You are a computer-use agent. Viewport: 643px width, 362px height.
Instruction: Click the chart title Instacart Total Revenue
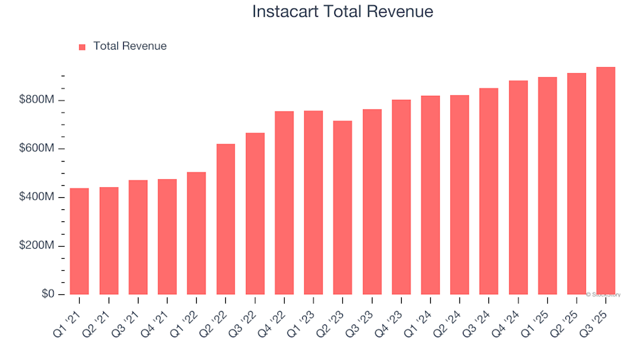pos(342,12)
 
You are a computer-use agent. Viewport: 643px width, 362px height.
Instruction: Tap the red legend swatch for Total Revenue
pos(82,47)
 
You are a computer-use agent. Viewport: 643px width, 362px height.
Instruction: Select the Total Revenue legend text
pos(130,46)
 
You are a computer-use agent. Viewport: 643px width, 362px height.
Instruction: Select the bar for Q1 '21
pos(80,241)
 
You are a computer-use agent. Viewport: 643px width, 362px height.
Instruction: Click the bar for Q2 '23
pos(342,208)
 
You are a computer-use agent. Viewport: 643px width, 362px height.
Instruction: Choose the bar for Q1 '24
pos(430,195)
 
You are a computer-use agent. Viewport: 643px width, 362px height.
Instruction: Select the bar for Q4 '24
pos(518,188)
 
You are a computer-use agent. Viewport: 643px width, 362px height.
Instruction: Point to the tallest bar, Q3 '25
pos(605,181)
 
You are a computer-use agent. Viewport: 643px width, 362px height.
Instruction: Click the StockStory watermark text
pos(603,294)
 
